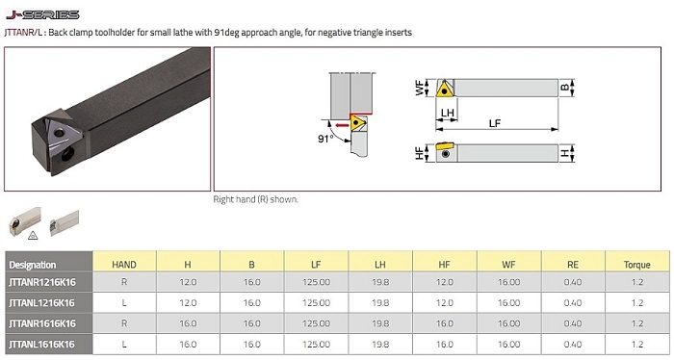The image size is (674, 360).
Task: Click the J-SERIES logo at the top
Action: pyautogui.click(x=42, y=15)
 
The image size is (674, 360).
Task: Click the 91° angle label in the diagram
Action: pyautogui.click(x=325, y=139)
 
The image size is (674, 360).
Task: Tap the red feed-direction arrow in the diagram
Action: pyautogui.click(x=342, y=125)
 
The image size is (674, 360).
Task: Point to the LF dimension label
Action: pyautogui.click(x=495, y=123)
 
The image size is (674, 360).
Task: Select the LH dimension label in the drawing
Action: pyautogui.click(x=448, y=113)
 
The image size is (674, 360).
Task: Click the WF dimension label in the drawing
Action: pyautogui.click(x=420, y=88)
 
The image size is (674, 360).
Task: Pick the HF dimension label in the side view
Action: pyautogui.click(x=420, y=153)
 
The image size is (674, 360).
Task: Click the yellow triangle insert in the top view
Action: pyautogui.click(x=445, y=89)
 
